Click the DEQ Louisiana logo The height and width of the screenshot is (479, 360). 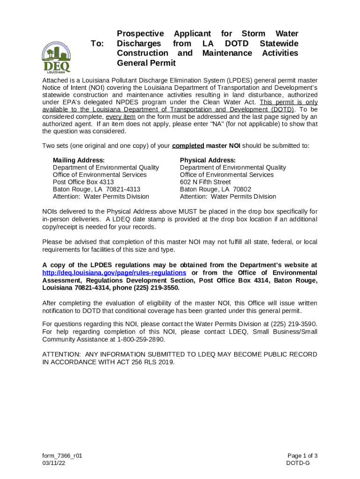pyautogui.click(x=57, y=58)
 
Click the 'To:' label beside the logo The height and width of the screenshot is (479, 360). pyautogui.click(x=97, y=44)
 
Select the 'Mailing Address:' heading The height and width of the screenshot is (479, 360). pyautogui.click(x=79, y=160)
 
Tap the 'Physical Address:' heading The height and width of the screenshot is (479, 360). pyautogui.click(x=208, y=160)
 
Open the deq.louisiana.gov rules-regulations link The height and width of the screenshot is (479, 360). pyautogui.click(x=114, y=273)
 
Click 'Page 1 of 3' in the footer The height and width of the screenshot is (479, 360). pyautogui.click(x=302, y=456)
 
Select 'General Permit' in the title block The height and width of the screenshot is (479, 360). pyautogui.click(x=146, y=63)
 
